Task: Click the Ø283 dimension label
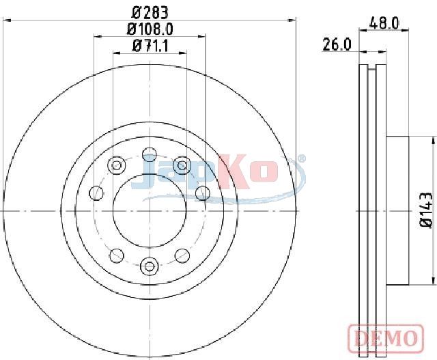(150, 12)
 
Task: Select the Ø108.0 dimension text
(150, 29)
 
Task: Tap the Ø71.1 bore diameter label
(150, 46)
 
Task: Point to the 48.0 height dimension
(384, 23)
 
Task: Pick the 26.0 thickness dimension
(337, 44)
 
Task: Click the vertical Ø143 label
(427, 211)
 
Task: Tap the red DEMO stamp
(386, 338)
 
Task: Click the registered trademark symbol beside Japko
(302, 158)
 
